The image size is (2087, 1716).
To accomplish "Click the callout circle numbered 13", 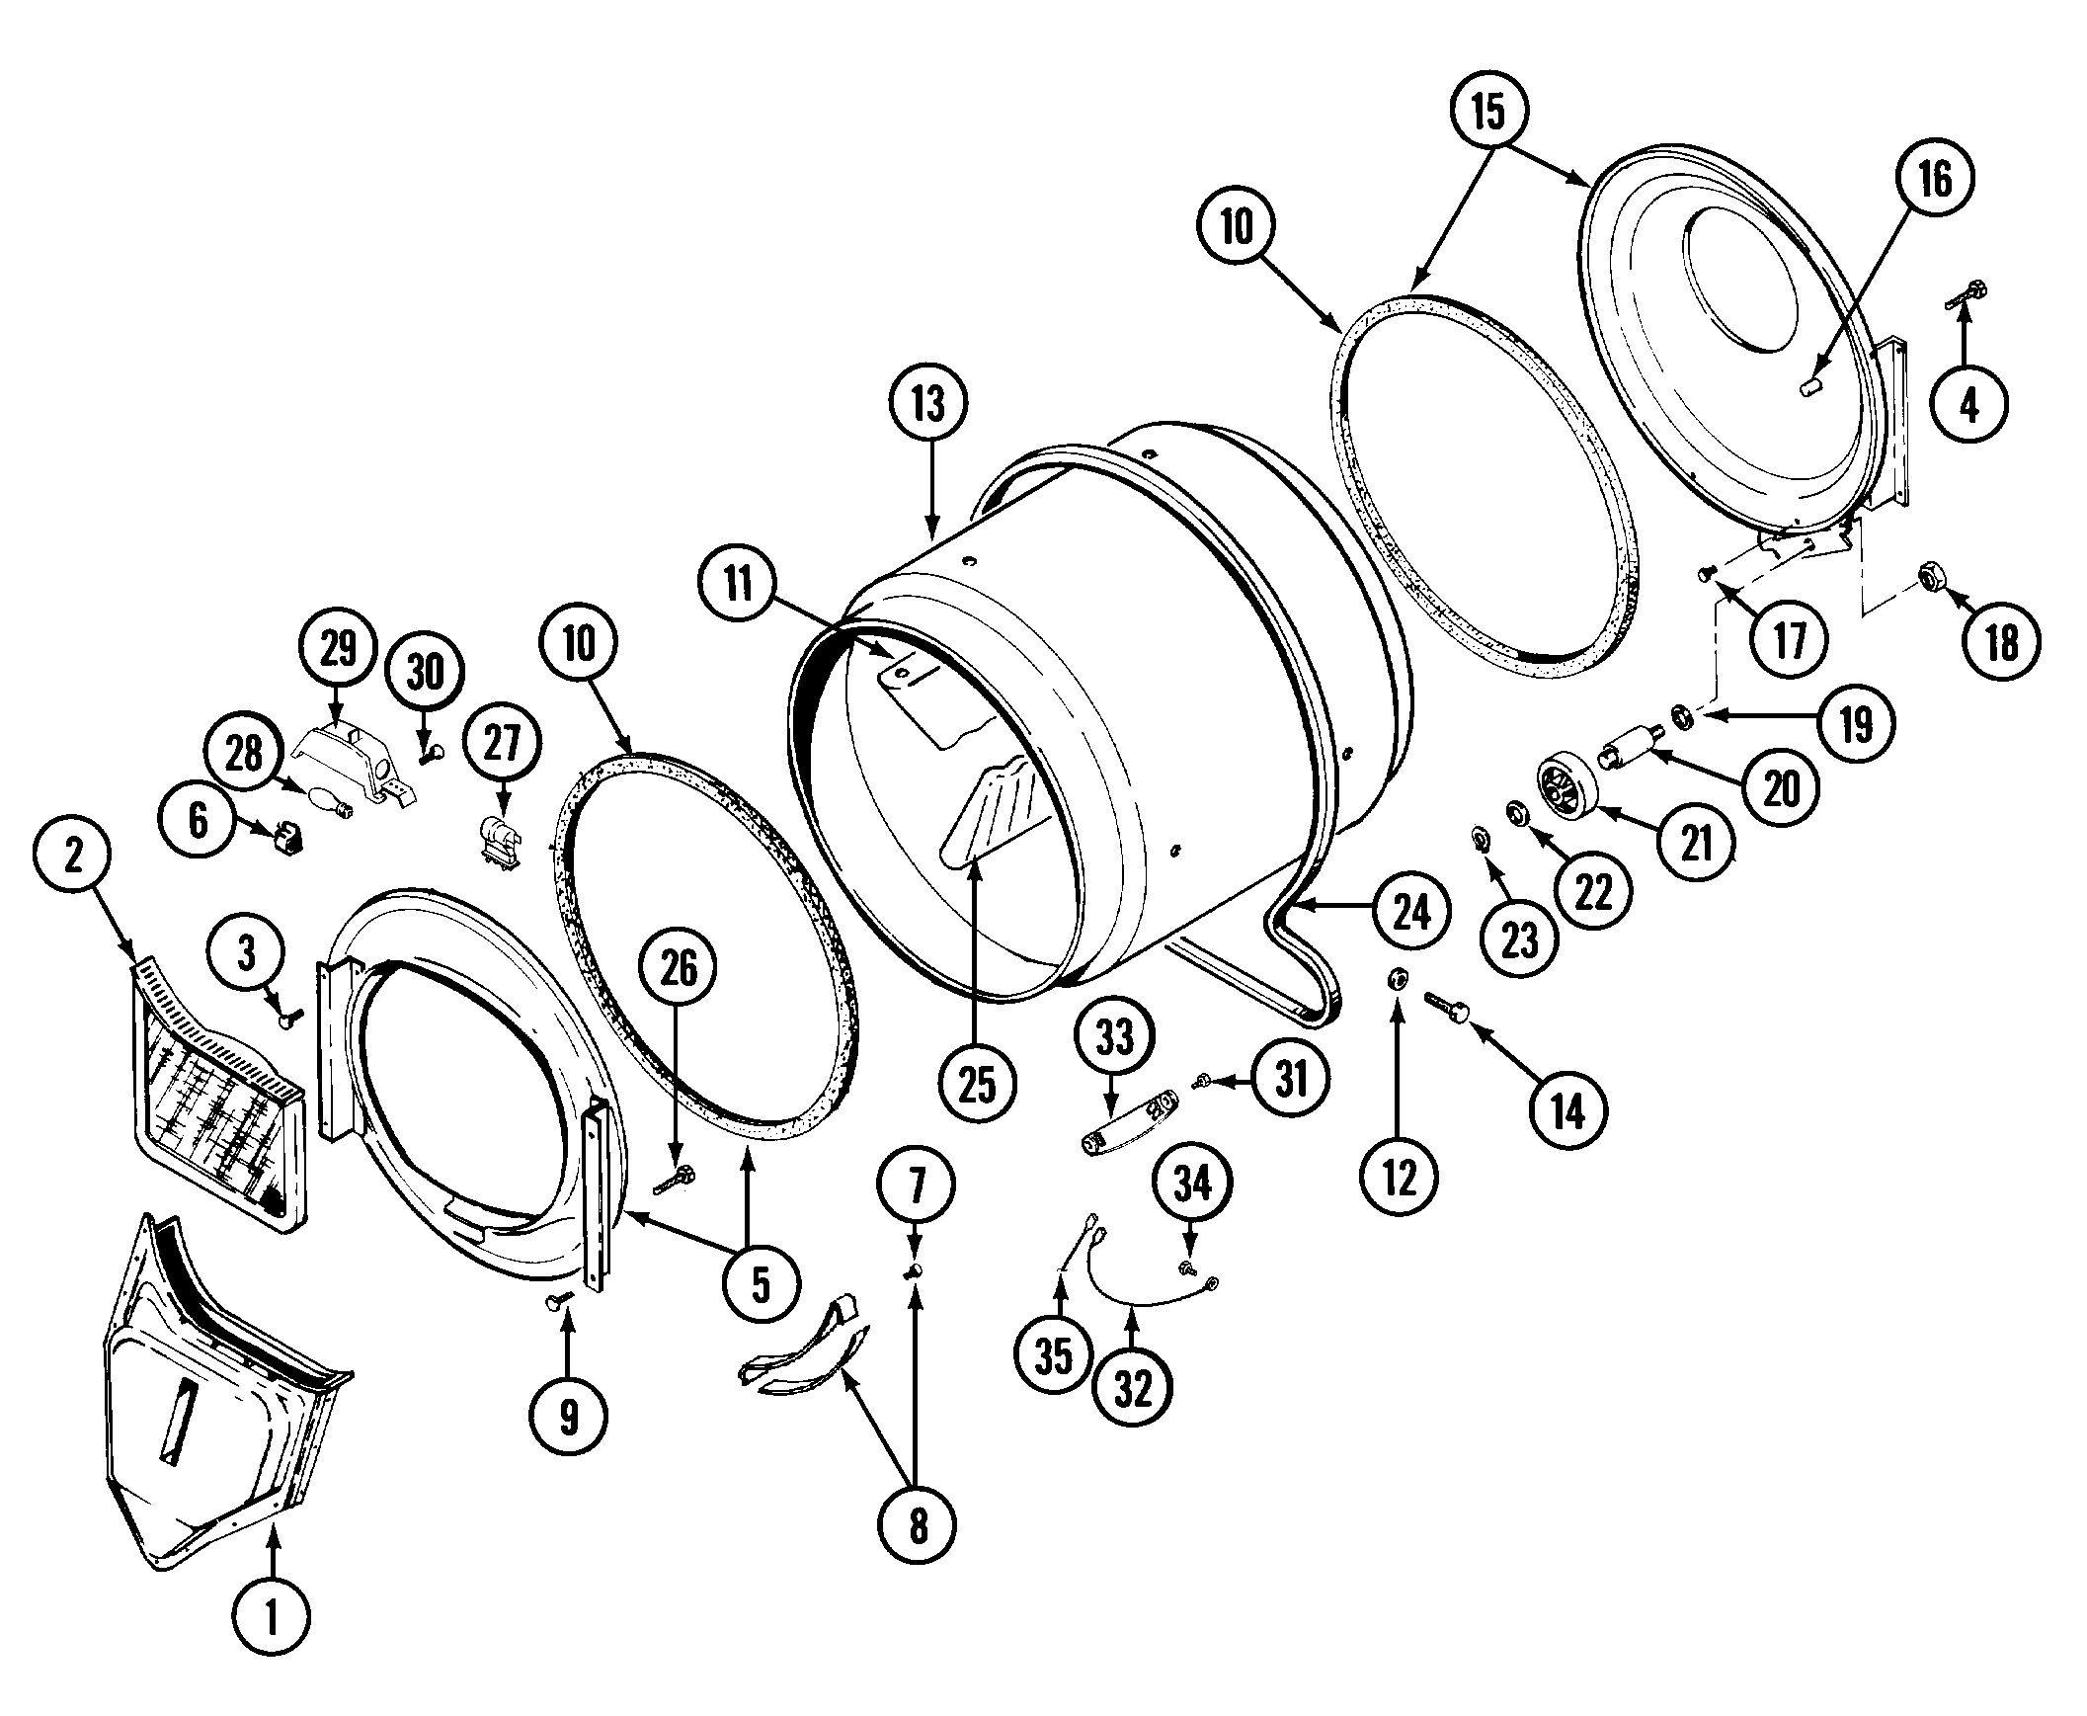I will pos(927,403).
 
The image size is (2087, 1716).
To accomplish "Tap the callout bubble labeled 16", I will pos(1934,179).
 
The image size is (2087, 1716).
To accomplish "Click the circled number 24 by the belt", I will pos(1411,912).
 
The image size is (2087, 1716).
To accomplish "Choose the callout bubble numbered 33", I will pos(1115,1037).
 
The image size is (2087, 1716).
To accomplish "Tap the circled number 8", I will pos(918,1526).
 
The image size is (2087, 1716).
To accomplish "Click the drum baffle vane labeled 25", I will pos(993,810).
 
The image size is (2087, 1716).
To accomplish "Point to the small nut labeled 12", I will pos(1398,979).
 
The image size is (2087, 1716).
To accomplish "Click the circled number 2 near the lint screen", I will pos(74,856).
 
